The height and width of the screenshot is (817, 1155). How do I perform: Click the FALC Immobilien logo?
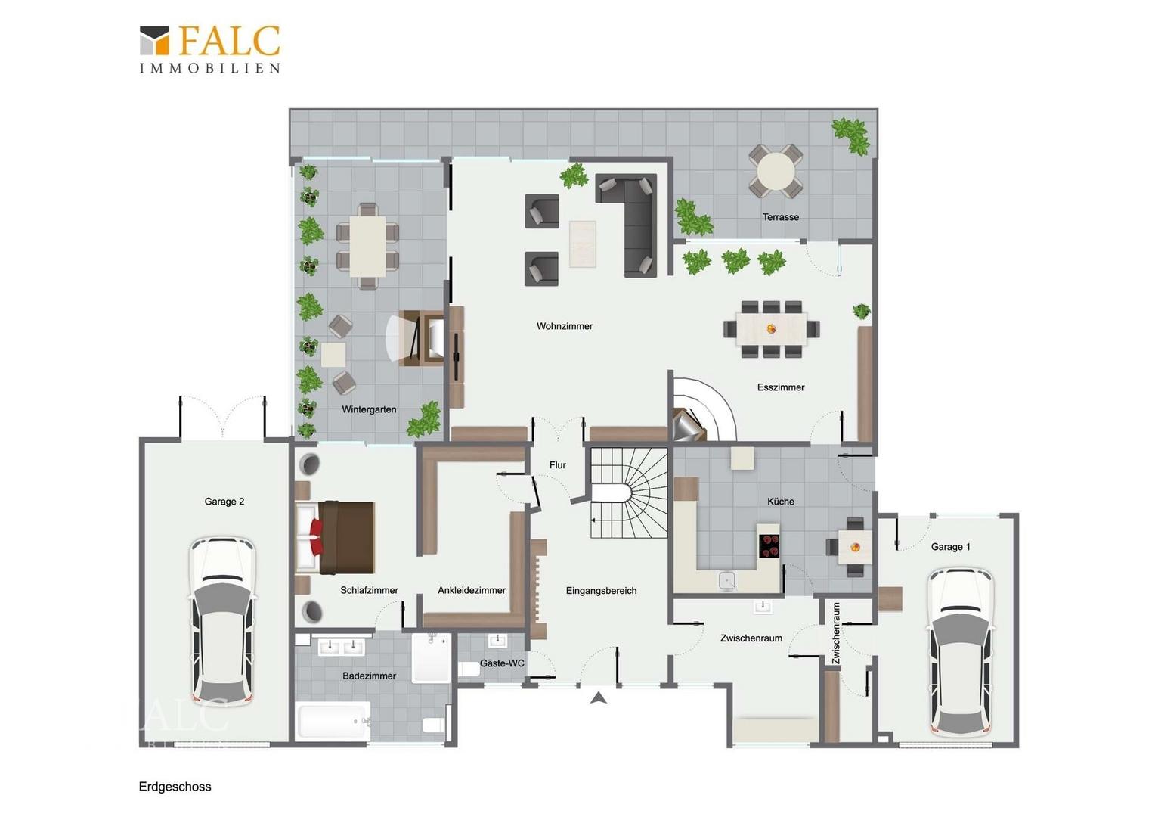[210, 49]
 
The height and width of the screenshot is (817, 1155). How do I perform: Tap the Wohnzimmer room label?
[565, 326]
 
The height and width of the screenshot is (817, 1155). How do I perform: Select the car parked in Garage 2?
[222, 621]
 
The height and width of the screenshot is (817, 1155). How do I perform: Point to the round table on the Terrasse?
[776, 171]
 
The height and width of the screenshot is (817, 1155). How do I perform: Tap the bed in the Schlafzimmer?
[335, 538]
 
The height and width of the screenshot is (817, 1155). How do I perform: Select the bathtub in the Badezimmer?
[333, 720]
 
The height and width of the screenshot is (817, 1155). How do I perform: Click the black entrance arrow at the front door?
[598, 698]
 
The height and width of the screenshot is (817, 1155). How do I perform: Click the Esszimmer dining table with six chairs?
[771, 329]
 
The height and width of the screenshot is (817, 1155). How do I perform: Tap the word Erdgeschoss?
[175, 787]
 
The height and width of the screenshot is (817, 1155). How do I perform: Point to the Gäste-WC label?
[502, 663]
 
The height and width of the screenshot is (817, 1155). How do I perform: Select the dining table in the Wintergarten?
[367, 246]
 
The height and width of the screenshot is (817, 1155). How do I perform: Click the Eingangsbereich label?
[601, 590]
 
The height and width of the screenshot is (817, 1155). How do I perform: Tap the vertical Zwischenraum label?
[836, 632]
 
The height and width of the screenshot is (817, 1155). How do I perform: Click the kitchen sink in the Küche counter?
[726, 581]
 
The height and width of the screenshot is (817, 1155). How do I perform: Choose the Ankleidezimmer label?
[471, 590]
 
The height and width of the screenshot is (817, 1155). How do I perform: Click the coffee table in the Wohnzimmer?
[583, 244]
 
